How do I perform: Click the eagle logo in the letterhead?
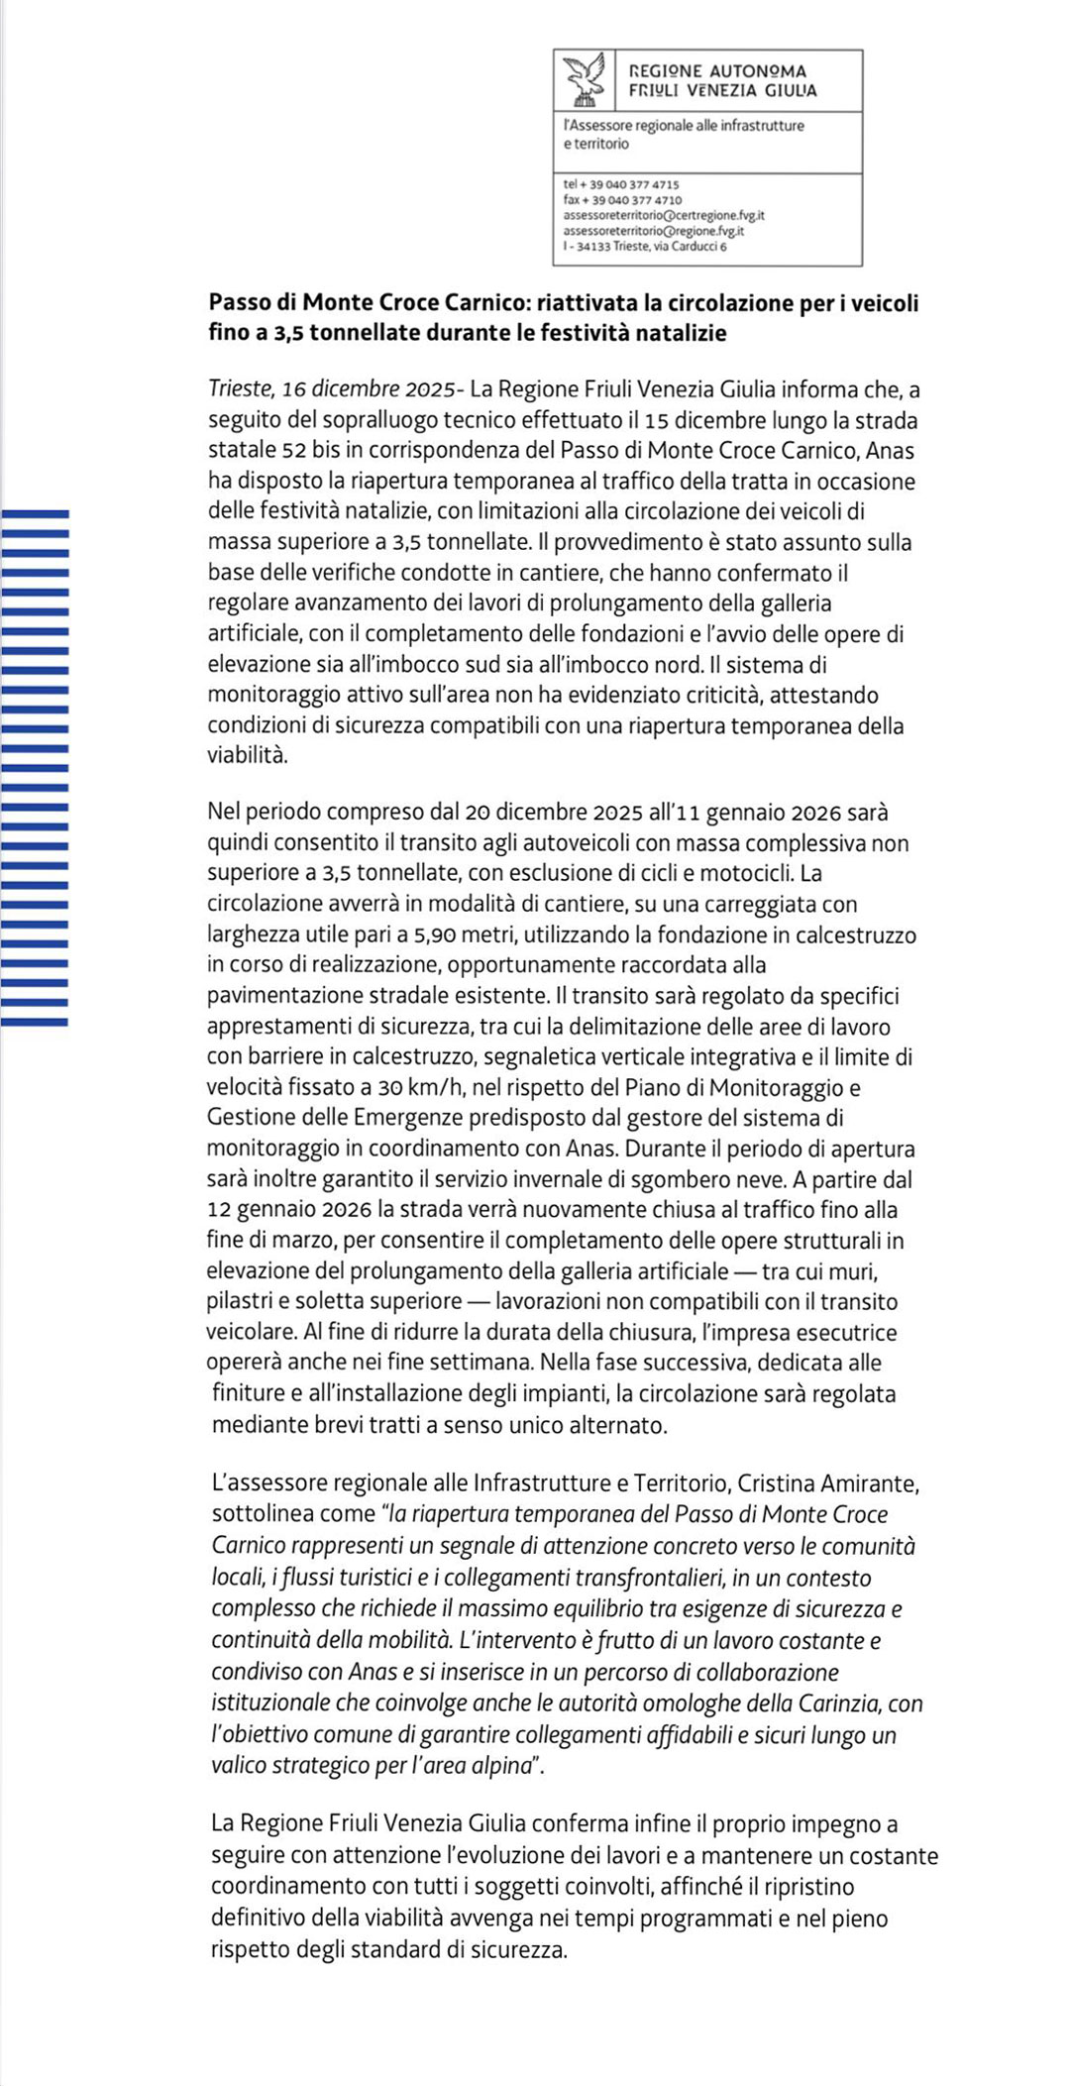click(x=584, y=80)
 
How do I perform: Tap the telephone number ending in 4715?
click(x=621, y=184)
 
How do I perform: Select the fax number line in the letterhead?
click(x=622, y=200)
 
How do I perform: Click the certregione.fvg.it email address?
click(x=663, y=215)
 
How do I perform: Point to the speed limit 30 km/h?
click(x=418, y=1088)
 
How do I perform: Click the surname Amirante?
click(x=869, y=1483)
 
